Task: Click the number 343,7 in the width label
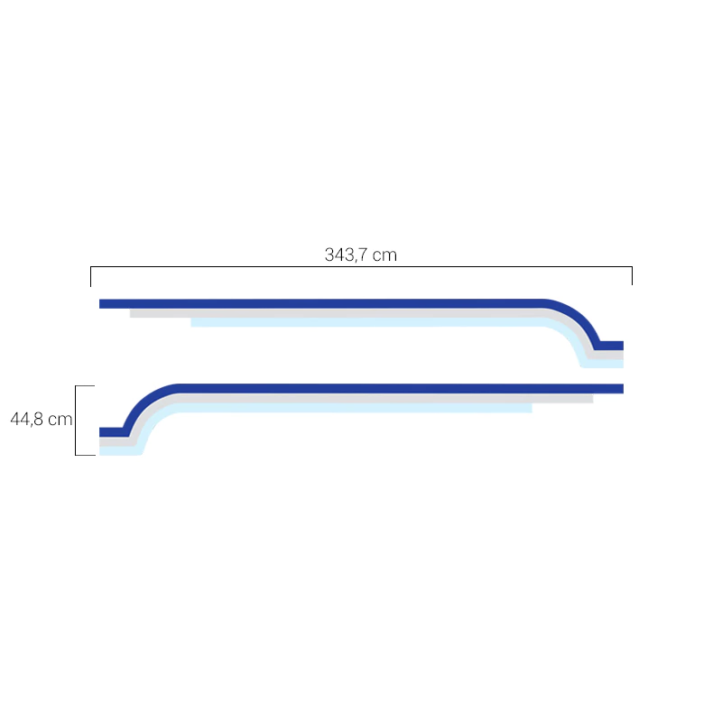pyautogui.click(x=347, y=255)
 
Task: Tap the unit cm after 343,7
pyautogui.click(x=384, y=255)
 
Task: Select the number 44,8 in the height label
pyautogui.click(x=27, y=420)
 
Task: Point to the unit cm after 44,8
pyautogui.click(x=60, y=420)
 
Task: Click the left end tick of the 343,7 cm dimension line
pyautogui.click(x=91, y=276)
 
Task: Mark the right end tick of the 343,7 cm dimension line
pyautogui.click(x=632, y=275)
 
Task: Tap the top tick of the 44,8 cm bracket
pyautogui.click(x=85, y=386)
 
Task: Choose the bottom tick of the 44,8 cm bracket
pyautogui.click(x=86, y=456)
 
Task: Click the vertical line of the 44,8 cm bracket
pyautogui.click(x=76, y=421)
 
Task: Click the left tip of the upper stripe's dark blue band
pyautogui.click(x=100, y=304)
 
